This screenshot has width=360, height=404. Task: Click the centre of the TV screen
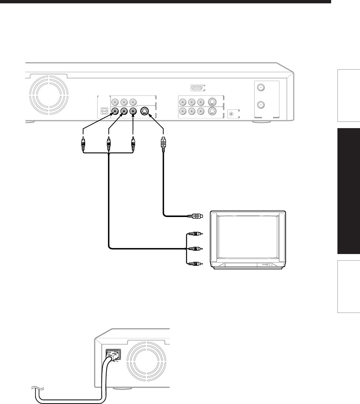[248, 237]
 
